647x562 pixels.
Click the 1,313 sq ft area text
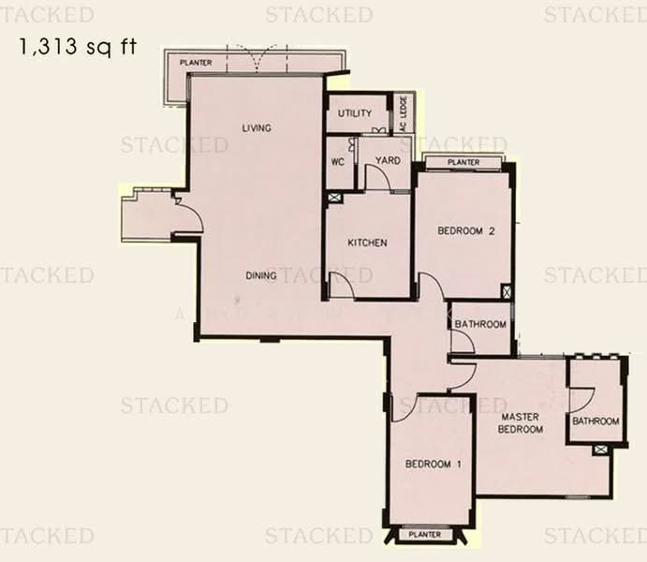[x=78, y=47]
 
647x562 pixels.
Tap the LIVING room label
[x=257, y=128]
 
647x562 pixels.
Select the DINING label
[x=261, y=275]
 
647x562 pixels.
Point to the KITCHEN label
[x=367, y=243]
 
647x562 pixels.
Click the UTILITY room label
[x=355, y=112]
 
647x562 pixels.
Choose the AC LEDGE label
[x=404, y=114]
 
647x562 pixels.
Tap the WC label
[x=337, y=162]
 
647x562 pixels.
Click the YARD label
[x=388, y=160]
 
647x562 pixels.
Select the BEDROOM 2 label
[x=466, y=230]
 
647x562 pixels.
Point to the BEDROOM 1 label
[x=434, y=465]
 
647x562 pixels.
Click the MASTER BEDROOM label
[x=521, y=423]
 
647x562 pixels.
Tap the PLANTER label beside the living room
[x=196, y=63]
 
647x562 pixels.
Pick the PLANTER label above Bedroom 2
[x=463, y=163]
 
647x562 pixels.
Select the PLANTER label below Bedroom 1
[x=424, y=535]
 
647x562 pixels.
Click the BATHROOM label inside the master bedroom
[x=596, y=421]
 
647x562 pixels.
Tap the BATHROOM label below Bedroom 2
[x=480, y=324]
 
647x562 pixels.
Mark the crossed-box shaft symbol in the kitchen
[x=334, y=198]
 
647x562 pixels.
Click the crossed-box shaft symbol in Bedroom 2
[x=507, y=291]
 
